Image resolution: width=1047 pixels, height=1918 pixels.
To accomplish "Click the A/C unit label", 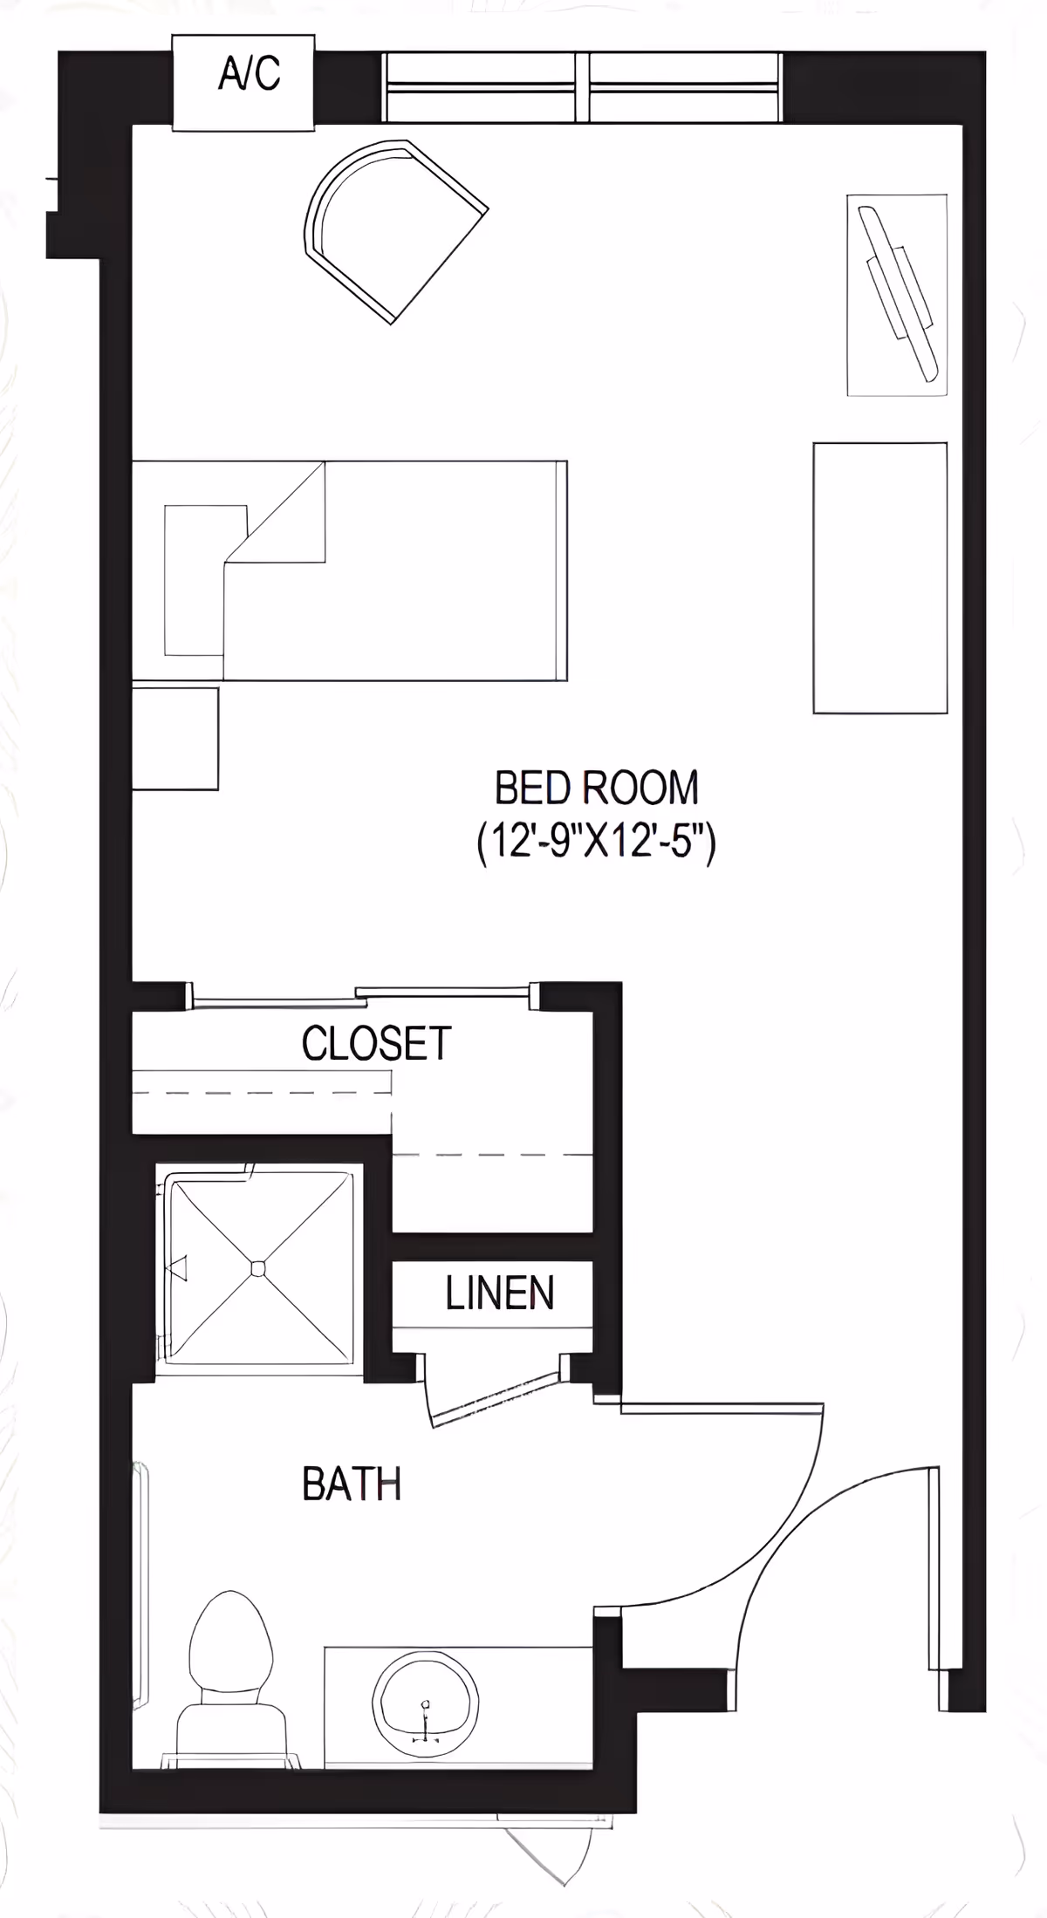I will pos(249,73).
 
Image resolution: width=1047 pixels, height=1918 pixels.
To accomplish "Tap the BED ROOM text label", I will pos(597,788).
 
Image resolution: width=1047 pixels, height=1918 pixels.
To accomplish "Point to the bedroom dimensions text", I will pos(597,843).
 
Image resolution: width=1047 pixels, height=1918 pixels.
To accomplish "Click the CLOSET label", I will pos(376,1043).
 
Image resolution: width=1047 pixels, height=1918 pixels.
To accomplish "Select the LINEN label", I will pos(499,1293).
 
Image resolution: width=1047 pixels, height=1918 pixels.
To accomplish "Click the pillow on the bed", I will pos(195,580).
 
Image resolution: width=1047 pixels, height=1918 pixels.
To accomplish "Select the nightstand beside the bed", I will pos(174,739).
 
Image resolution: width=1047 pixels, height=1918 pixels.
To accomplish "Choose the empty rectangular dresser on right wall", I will pos(879,577).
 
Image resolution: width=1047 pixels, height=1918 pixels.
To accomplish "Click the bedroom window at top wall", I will pos(582,87).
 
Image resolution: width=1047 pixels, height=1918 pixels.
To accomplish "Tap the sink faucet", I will pos(426,1711).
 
